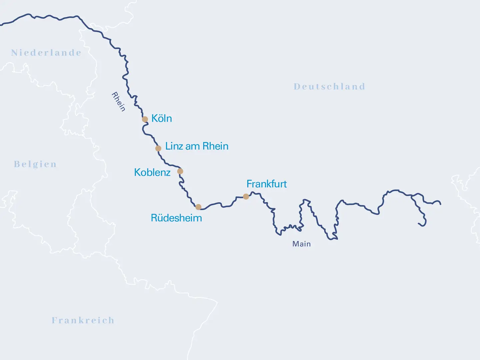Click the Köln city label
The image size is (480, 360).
[162, 118]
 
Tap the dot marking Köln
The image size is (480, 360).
[145, 119]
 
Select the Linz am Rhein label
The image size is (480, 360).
[197, 146]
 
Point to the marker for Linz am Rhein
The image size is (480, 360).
[158, 148]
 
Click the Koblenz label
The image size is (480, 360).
[152, 172]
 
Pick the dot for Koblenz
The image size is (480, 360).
[180, 171]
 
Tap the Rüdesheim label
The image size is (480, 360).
[176, 218]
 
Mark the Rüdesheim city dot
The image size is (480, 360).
[198, 207]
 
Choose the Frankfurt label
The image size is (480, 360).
[267, 184]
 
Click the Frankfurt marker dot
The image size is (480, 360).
[246, 197]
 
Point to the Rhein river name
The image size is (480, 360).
[118, 102]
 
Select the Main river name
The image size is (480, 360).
[301, 244]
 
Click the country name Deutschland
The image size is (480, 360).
[329, 87]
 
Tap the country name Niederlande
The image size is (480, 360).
[46, 53]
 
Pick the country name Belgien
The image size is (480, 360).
[35, 164]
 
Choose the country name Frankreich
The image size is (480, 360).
[83, 320]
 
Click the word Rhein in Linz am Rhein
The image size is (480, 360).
[215, 146]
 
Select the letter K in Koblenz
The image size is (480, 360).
[137, 172]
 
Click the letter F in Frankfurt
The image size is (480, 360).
[249, 184]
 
